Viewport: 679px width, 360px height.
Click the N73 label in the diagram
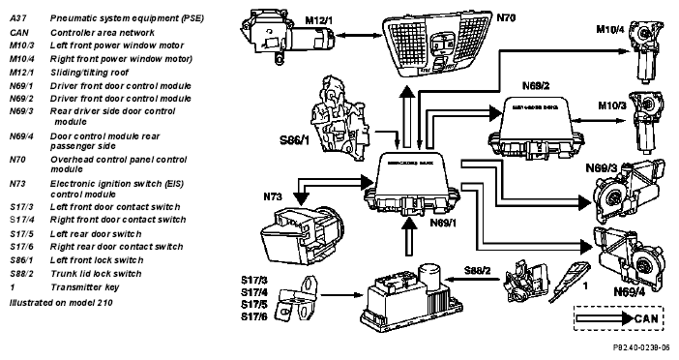[x=273, y=196]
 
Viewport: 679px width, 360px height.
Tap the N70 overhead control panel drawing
[x=438, y=42]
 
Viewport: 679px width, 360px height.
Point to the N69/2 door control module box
[x=536, y=128]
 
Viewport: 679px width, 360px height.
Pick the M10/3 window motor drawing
[x=647, y=121]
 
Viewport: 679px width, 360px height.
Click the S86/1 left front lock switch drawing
[x=339, y=119]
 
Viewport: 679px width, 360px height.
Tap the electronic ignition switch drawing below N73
[x=303, y=234]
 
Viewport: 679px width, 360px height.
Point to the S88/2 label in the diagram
[x=478, y=271]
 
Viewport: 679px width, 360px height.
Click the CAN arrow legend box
[x=618, y=318]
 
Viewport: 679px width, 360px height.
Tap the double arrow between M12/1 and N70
[x=358, y=35]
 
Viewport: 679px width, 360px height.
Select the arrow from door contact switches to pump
[x=341, y=295]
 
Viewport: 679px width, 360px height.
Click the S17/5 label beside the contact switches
[x=253, y=305]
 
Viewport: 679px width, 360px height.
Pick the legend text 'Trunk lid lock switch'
[x=96, y=274]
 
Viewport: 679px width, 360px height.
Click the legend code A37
[x=18, y=18]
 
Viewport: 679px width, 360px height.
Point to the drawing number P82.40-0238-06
[x=641, y=347]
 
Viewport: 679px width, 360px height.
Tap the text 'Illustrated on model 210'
[x=61, y=302]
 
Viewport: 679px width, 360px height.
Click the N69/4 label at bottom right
[x=630, y=292]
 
